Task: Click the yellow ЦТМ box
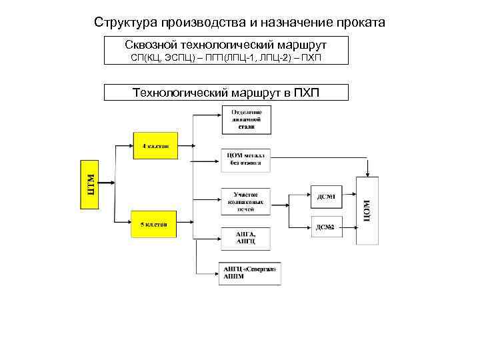click(90, 184)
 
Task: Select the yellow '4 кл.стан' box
click(155, 145)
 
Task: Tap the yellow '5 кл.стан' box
click(154, 223)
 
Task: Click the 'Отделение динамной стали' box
click(246, 119)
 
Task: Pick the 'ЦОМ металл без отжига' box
click(246, 158)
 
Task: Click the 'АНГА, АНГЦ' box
click(246, 237)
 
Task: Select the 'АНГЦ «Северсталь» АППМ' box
click(248, 273)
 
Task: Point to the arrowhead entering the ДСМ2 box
click(308, 228)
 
